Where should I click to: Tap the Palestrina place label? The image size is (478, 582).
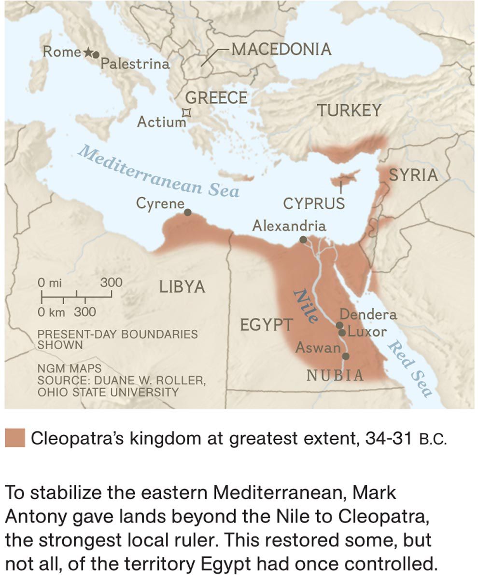click(135, 64)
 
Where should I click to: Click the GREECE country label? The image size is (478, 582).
click(216, 98)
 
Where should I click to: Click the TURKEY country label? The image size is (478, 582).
click(349, 110)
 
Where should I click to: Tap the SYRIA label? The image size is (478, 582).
click(413, 175)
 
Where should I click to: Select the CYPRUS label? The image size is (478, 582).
click(314, 203)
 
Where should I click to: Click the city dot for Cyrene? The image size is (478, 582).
click(188, 212)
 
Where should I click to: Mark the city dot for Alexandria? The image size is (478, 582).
click(303, 240)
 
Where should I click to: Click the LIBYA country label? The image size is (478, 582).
click(182, 287)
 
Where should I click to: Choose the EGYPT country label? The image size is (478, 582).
click(266, 325)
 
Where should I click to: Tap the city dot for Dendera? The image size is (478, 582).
click(339, 325)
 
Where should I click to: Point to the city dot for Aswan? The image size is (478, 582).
click(346, 356)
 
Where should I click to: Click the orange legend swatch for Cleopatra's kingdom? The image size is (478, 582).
click(15, 438)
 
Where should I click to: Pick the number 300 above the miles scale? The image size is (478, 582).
click(111, 283)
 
